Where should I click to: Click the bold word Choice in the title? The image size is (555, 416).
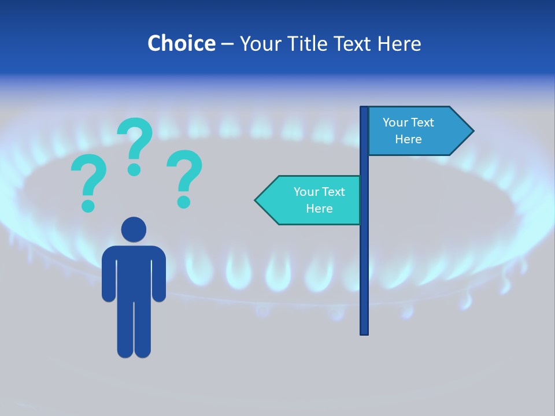181,44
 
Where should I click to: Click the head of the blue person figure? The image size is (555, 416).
134,229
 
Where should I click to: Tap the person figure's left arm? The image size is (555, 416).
109,274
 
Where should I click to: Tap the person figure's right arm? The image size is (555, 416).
159,274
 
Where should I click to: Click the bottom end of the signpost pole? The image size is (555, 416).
364,332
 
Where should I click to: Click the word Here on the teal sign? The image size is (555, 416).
319,209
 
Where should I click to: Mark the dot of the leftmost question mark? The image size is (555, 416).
88,206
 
